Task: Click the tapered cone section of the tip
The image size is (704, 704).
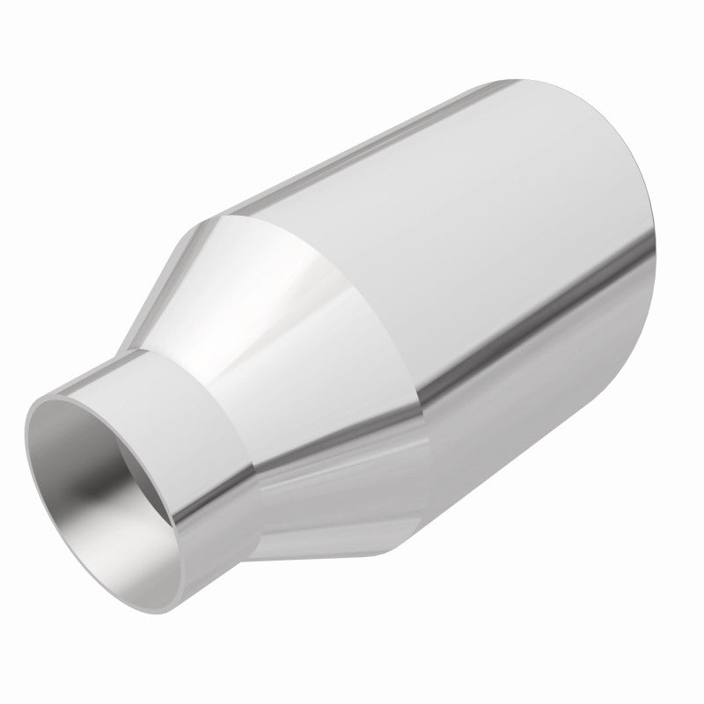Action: point(290,352)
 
